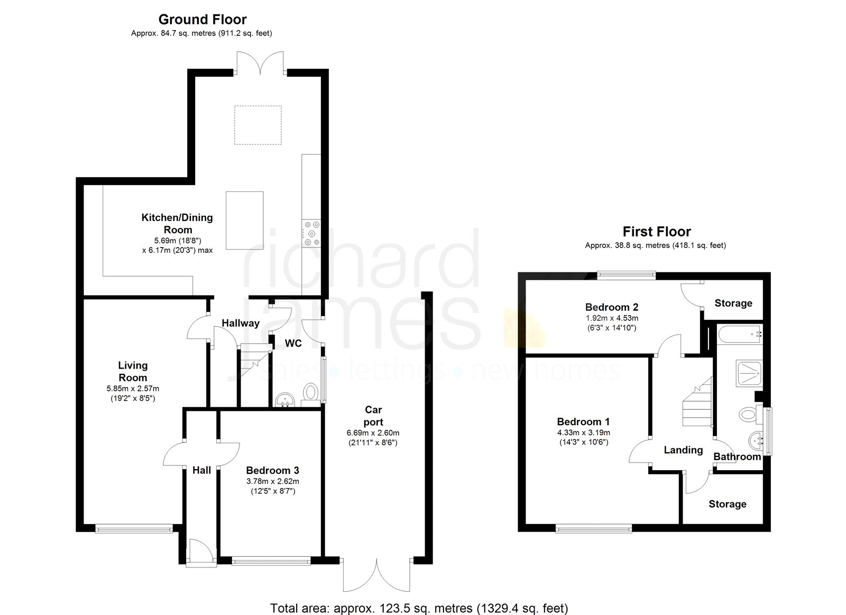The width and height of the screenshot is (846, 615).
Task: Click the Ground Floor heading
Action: (x=203, y=20)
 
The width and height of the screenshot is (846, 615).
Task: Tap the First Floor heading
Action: (x=656, y=232)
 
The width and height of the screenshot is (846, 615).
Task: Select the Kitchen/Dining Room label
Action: (x=177, y=223)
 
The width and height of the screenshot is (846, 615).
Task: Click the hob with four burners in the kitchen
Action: (x=311, y=233)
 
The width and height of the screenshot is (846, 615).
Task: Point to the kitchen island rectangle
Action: (x=244, y=220)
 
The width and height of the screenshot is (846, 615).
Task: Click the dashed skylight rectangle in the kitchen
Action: (x=258, y=125)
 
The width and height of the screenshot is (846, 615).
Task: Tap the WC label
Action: (x=293, y=343)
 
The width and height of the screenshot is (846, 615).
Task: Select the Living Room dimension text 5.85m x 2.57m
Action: (x=133, y=389)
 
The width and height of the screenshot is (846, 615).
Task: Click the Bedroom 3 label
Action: (x=272, y=470)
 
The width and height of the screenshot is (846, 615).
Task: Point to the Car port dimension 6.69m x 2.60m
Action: (x=373, y=433)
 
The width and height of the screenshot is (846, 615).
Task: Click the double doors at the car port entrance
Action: (x=377, y=575)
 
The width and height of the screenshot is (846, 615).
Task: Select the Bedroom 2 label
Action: (x=612, y=307)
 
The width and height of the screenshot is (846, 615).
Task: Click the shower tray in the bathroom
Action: (x=749, y=372)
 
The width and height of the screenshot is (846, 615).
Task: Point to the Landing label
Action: (x=683, y=450)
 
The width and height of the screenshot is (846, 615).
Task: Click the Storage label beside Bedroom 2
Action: (x=733, y=303)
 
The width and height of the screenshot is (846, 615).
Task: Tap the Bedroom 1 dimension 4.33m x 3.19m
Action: (x=583, y=433)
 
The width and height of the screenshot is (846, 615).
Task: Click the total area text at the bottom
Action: (x=419, y=608)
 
